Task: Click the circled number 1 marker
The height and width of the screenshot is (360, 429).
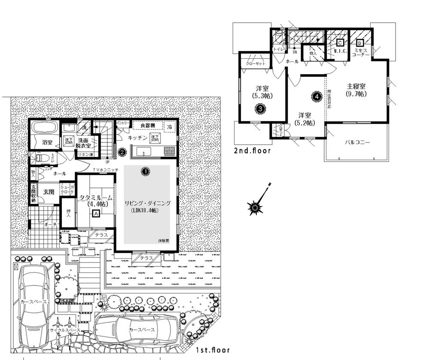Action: (x=146, y=171)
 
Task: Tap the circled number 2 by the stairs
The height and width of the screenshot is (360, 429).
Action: (x=122, y=151)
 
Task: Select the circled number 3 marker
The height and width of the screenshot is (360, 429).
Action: (x=260, y=109)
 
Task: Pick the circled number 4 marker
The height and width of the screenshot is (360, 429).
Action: (x=316, y=97)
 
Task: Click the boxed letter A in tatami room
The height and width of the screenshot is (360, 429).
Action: (x=96, y=213)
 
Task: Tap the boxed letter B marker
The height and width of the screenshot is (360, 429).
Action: (x=359, y=43)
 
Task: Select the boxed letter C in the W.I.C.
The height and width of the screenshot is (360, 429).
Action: (x=340, y=43)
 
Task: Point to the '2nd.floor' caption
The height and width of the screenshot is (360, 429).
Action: (x=253, y=151)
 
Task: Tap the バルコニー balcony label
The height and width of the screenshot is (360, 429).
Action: (x=357, y=142)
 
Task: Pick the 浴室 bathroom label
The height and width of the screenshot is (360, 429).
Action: (x=47, y=142)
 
